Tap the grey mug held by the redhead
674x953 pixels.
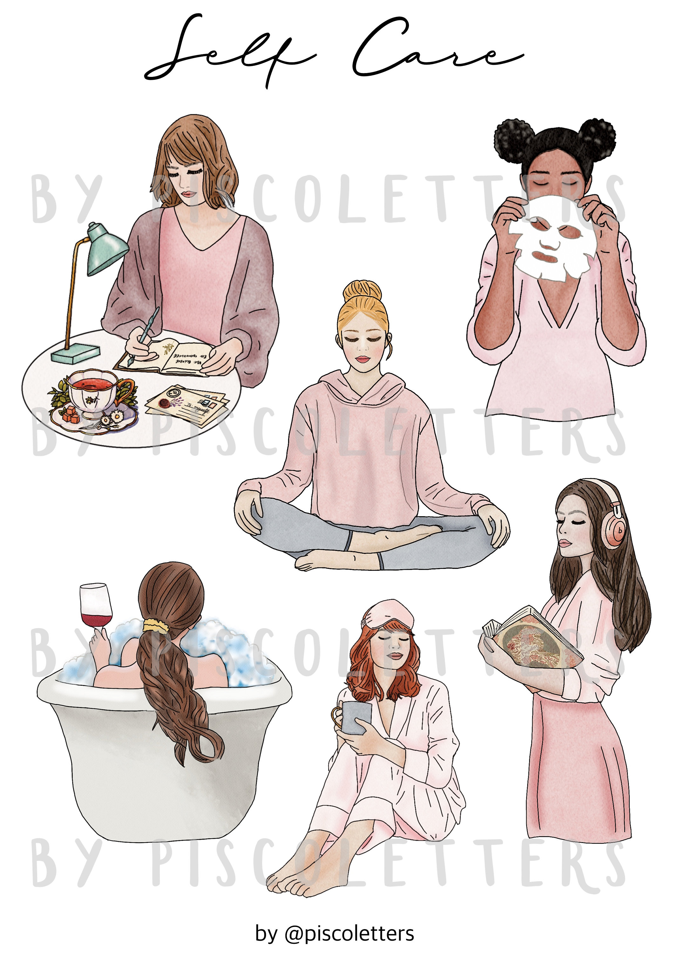tap(356, 717)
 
